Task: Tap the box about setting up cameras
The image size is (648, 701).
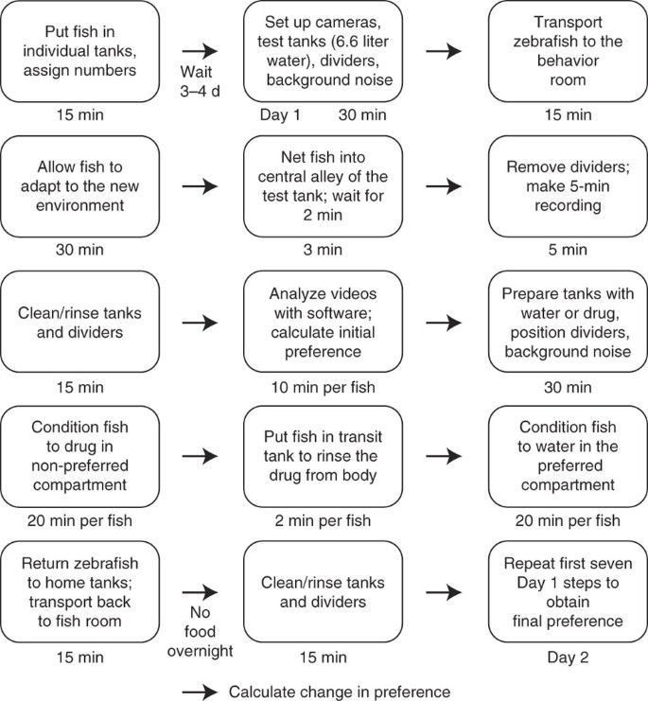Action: tap(324, 51)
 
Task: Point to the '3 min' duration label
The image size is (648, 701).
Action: tap(324, 252)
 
